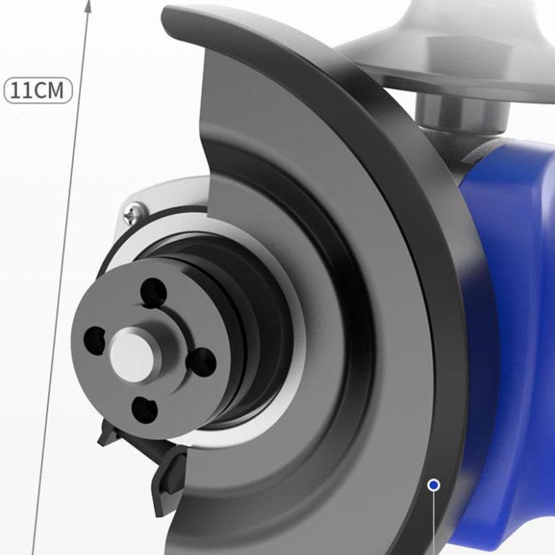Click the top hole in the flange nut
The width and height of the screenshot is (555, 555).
click(x=154, y=291)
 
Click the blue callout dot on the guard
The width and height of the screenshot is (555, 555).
click(x=434, y=485)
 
